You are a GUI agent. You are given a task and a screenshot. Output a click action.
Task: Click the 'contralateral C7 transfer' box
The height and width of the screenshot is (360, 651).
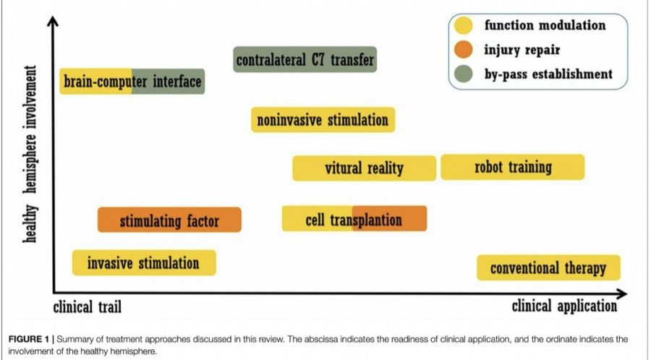pyautogui.click(x=305, y=59)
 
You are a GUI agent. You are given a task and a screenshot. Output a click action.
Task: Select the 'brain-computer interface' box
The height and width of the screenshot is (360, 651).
pyautogui.click(x=132, y=81)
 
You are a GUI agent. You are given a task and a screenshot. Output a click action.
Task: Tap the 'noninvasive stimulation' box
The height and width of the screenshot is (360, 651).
pyautogui.click(x=323, y=120)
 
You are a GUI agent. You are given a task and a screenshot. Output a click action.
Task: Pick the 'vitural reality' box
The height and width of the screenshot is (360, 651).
pyautogui.click(x=364, y=168)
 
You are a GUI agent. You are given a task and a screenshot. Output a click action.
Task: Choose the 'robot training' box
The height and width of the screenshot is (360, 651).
pyautogui.click(x=513, y=167)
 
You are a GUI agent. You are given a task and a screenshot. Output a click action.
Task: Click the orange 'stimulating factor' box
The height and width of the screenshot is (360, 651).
pyautogui.click(x=169, y=220)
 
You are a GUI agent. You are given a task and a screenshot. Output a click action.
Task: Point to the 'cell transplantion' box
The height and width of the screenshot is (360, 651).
pyautogui.click(x=354, y=218)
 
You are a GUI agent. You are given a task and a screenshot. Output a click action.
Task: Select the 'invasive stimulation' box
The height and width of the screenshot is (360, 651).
pyautogui.click(x=144, y=262)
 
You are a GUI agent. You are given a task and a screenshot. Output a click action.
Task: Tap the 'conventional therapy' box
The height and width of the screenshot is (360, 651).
pyautogui.click(x=548, y=268)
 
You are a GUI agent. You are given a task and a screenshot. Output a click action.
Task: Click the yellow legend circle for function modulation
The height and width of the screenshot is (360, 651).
pyautogui.click(x=464, y=25)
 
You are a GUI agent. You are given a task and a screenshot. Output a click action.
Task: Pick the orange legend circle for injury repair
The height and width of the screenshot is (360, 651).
pyautogui.click(x=464, y=49)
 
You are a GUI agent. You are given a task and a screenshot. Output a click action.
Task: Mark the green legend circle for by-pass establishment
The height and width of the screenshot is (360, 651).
pyautogui.click(x=464, y=74)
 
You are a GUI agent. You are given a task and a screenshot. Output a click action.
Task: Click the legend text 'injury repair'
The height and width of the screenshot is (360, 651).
pyautogui.click(x=522, y=50)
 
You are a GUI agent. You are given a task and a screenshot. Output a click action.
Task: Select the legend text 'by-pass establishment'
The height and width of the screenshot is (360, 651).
pyautogui.click(x=548, y=74)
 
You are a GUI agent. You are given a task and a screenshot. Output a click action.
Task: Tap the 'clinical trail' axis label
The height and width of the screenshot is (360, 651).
pyautogui.click(x=88, y=307)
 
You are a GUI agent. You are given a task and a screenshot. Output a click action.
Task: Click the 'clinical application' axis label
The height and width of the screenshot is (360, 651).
pyautogui.click(x=564, y=306)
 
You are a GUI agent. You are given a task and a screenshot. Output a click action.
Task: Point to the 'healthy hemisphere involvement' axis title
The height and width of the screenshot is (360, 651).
pyautogui.click(x=30, y=154)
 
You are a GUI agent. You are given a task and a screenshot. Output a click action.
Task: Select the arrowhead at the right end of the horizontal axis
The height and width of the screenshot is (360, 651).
pyautogui.click(x=623, y=294)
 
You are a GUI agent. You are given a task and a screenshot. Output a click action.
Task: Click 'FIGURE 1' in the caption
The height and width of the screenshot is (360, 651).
pyautogui.click(x=28, y=339)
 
